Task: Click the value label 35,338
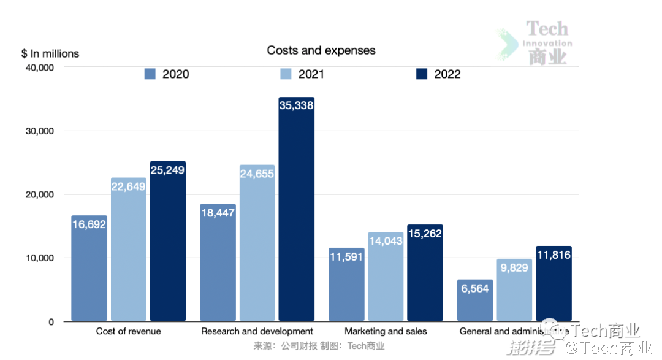(x=297, y=105)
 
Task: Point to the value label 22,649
(x=129, y=186)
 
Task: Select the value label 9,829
(x=514, y=267)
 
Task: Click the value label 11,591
(x=346, y=256)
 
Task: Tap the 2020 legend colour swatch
(x=151, y=74)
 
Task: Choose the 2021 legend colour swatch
(x=286, y=74)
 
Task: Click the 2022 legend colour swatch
(x=422, y=74)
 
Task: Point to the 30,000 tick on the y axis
(x=41, y=131)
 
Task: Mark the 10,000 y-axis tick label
(x=41, y=258)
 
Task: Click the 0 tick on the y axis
(x=51, y=322)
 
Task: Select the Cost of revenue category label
(x=129, y=332)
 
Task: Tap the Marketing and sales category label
(x=386, y=332)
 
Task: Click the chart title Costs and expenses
(x=321, y=50)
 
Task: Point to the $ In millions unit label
(x=50, y=54)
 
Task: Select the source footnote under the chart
(x=319, y=347)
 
